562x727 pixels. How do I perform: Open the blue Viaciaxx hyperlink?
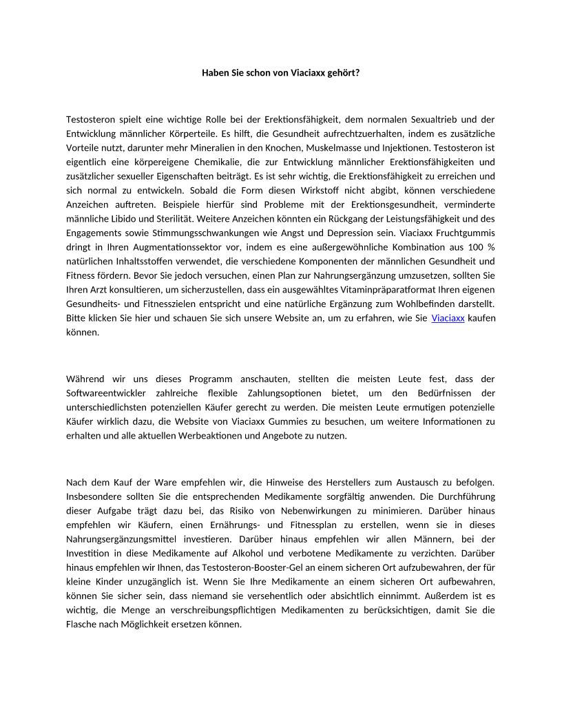click(x=448, y=318)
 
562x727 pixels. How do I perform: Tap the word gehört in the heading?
click(x=344, y=72)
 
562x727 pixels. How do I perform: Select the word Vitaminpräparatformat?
click(x=371, y=290)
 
